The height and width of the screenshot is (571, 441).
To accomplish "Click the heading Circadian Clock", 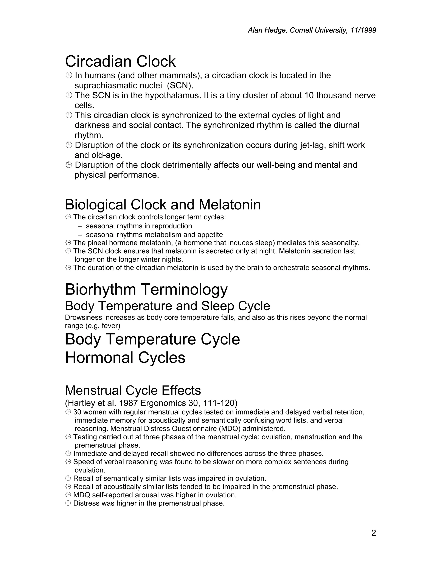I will (120, 62).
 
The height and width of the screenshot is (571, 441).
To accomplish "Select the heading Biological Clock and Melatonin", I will (163, 205).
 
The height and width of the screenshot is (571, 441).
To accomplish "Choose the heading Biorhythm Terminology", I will (146, 290).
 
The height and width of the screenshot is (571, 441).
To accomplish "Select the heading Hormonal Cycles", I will (125, 358).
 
